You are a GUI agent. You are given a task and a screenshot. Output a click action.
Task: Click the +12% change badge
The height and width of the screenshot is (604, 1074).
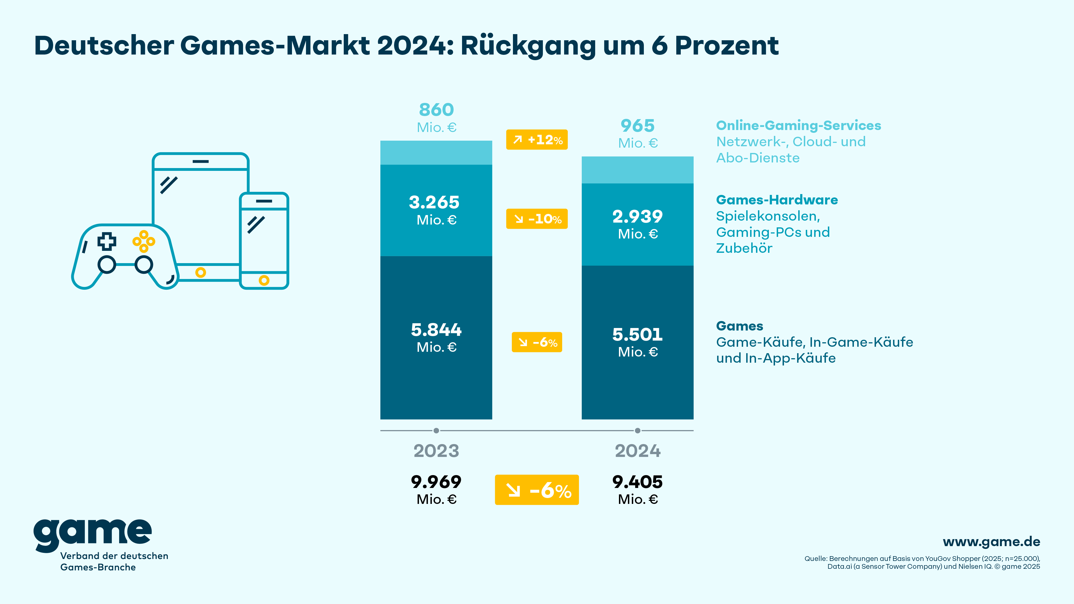(537, 140)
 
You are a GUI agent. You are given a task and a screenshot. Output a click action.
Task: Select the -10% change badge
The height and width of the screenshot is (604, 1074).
(537, 219)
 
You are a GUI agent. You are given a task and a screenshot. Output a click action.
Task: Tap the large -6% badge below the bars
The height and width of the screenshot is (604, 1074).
(537, 490)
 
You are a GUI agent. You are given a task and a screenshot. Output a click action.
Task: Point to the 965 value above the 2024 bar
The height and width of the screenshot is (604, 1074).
(637, 126)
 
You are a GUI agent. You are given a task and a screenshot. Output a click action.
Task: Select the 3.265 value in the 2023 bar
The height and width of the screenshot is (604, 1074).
(434, 202)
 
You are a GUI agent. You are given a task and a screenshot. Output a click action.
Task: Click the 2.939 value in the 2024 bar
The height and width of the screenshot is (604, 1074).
(637, 217)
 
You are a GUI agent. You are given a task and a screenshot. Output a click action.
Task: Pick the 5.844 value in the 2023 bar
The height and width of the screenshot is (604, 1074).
(436, 330)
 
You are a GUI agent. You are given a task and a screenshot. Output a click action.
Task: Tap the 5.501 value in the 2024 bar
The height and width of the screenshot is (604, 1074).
(637, 335)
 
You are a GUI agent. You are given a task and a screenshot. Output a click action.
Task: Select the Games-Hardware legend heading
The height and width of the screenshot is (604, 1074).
(777, 200)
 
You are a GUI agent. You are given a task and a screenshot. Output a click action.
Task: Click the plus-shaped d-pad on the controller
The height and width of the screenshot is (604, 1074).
(107, 241)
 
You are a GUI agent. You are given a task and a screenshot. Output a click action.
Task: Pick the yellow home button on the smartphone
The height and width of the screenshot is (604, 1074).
(264, 280)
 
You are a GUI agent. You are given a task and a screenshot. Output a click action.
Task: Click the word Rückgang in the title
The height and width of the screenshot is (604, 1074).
(528, 46)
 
